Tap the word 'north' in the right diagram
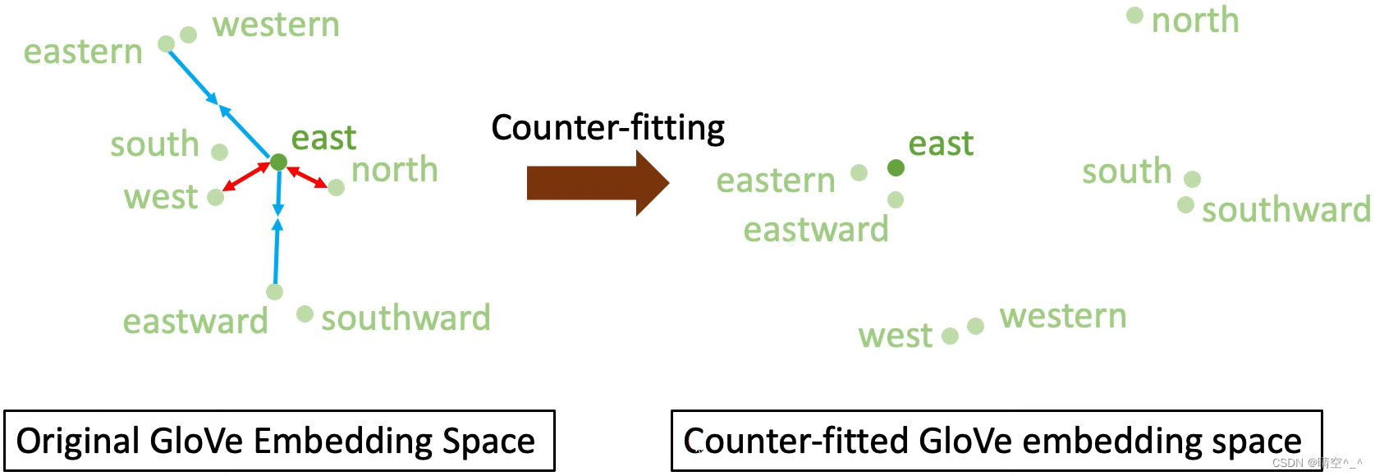[x=1194, y=21]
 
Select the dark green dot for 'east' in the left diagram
[x=278, y=162]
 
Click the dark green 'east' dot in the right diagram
[x=896, y=168]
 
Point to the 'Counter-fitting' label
[x=607, y=128]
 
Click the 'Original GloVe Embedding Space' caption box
[x=279, y=441]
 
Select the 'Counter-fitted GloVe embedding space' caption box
[x=996, y=441]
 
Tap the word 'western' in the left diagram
[x=276, y=25]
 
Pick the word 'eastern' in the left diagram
[x=83, y=53]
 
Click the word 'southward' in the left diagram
[x=406, y=318]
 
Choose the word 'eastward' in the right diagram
[x=815, y=230]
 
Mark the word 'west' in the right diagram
[x=895, y=336]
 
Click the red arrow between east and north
[x=307, y=177]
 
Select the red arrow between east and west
[x=247, y=176]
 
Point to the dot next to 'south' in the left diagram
[x=219, y=152]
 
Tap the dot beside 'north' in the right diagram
[x=1134, y=16]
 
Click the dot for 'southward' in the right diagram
[x=1185, y=204]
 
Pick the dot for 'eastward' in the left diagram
[x=274, y=291]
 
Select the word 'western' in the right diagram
[x=1062, y=317]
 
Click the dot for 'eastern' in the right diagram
[x=859, y=172]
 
